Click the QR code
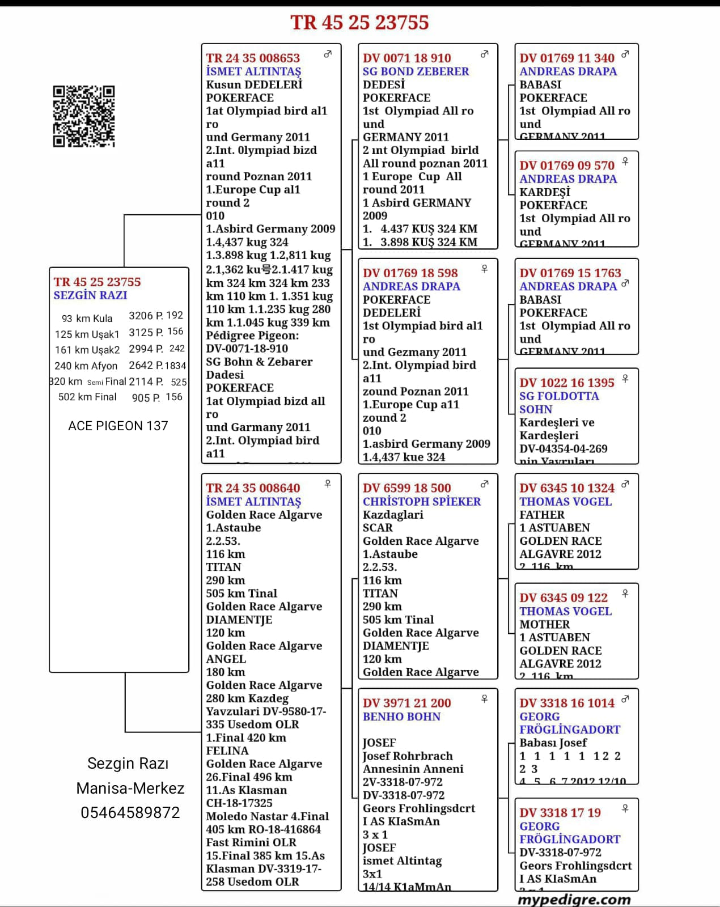pos(84,116)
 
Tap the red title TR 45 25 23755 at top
pos(359,23)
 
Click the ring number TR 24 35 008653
pos(253,58)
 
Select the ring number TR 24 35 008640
pos(253,488)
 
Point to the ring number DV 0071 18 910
pos(406,58)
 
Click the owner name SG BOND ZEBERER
pos(416,71)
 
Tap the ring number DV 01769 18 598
pos(410,273)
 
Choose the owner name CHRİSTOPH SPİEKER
pos(421,502)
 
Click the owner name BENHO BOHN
pos(401,717)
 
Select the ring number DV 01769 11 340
pos(566,58)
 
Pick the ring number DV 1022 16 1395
pos(566,383)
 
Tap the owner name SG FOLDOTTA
pos(559,396)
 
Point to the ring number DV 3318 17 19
pos(560,812)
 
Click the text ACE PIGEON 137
pos(118,426)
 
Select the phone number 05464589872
pos(130,813)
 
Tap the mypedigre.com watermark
pos(574,899)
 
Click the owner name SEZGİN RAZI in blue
pos(90,295)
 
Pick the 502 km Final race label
pos(87,397)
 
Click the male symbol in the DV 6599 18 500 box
pos(484,484)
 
